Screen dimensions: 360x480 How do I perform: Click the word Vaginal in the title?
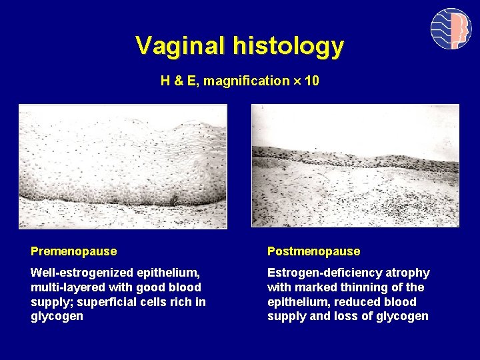click(181, 46)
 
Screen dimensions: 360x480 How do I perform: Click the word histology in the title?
click(289, 46)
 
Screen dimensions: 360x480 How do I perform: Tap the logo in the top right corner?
click(451, 29)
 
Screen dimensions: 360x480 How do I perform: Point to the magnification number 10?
click(312, 81)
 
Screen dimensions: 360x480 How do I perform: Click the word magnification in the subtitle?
click(247, 81)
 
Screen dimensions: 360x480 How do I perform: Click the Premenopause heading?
click(73, 251)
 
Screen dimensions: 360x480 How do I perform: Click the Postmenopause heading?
click(313, 251)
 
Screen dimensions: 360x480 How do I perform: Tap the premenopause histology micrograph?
click(123, 167)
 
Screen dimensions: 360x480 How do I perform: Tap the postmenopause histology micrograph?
click(355, 165)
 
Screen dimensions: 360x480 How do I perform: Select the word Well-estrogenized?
click(81, 273)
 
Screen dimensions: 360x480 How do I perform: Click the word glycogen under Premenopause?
click(57, 317)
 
